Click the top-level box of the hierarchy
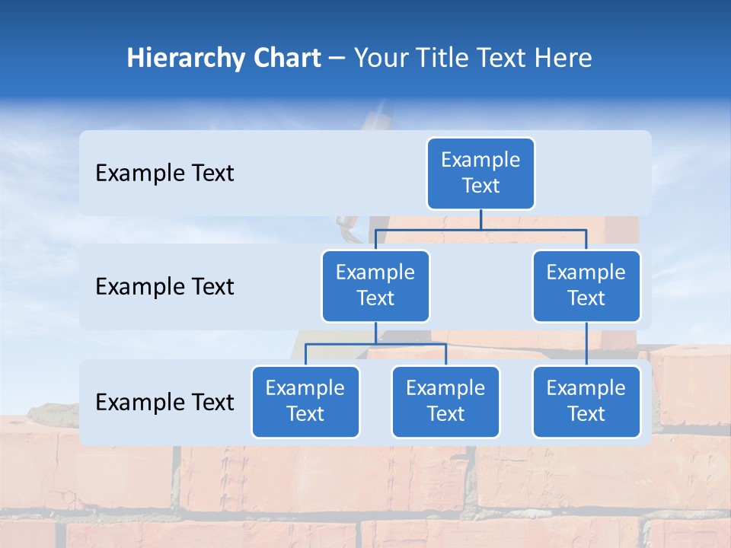[480, 174]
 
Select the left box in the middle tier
[375, 286]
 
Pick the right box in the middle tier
[586, 286]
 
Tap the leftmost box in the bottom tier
[305, 402]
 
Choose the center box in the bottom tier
[445, 402]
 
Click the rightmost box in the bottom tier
[586, 402]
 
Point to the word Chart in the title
[283, 59]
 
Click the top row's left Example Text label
[164, 174]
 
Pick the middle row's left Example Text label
[164, 287]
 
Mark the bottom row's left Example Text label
[164, 403]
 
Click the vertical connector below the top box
[480, 219]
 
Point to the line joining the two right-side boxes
[586, 344]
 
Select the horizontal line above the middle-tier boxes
[480, 229]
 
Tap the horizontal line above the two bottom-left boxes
[375, 344]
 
